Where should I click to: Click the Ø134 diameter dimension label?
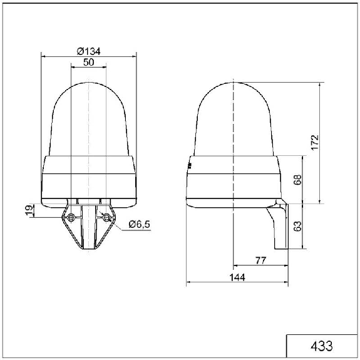pyautogui.click(x=89, y=51)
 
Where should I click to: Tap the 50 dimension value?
pyautogui.click(x=89, y=62)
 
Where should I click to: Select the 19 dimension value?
pyautogui.click(x=29, y=210)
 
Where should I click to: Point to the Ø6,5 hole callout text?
pyautogui.click(x=140, y=224)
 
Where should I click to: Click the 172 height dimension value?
pyautogui.click(x=315, y=143)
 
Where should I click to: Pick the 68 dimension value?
pyautogui.click(x=297, y=180)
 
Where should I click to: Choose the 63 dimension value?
pyautogui.click(x=297, y=227)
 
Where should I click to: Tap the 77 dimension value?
pyautogui.click(x=261, y=260)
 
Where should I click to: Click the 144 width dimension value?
pyautogui.click(x=237, y=277)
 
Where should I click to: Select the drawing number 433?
pyautogui.click(x=321, y=346)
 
